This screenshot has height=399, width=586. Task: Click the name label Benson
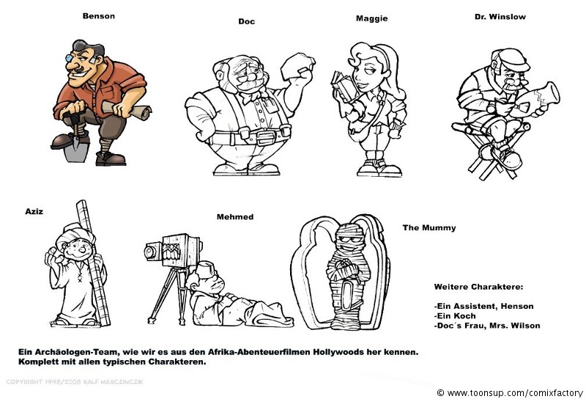99,16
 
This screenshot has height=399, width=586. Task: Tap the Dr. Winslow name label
500,17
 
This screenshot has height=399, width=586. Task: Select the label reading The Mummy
429,228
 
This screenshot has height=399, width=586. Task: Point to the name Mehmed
235,217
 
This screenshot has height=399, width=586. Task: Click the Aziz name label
34,211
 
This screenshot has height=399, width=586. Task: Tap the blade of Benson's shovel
75,149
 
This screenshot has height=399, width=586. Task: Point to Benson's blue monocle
69,58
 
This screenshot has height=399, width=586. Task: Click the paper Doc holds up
297,66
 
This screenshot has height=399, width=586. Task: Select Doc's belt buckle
265,137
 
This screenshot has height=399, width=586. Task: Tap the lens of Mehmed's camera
152,252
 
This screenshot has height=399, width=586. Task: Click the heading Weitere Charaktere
479,287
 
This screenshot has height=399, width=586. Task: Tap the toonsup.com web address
515,393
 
